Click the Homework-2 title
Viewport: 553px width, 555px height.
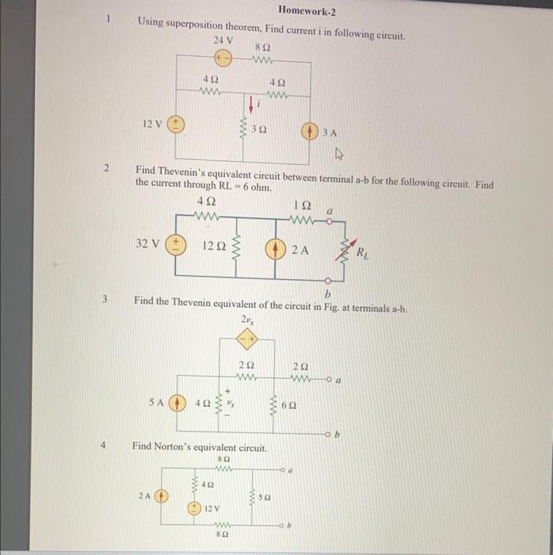[x=308, y=10]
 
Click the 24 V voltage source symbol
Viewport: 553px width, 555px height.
[x=224, y=57]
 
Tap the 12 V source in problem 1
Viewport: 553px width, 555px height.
[x=176, y=124]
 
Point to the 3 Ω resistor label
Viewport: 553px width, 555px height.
[x=258, y=129]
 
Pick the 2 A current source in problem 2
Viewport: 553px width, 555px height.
[x=274, y=247]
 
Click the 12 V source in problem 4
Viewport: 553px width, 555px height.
[x=193, y=507]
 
